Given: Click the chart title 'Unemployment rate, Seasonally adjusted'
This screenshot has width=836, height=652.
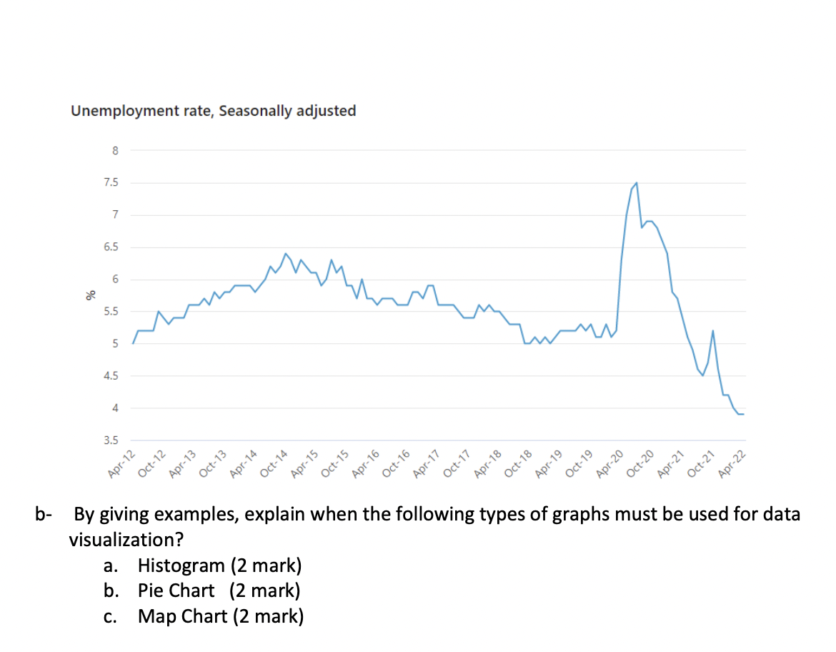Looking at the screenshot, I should (x=213, y=111).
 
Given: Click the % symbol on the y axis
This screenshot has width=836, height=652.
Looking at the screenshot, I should (x=90, y=295).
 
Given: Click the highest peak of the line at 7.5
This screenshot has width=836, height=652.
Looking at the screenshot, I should (x=636, y=183).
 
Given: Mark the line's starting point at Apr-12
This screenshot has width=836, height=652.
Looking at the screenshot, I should (x=134, y=343).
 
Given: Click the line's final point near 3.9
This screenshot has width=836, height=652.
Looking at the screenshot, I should (x=743, y=414).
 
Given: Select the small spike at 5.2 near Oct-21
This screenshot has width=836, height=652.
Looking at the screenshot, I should (x=712, y=331).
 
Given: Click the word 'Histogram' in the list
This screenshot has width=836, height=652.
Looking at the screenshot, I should (x=181, y=566).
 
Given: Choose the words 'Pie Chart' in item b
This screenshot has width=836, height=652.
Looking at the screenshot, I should (x=176, y=591).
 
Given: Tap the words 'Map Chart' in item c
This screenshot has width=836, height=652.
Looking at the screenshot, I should (x=181, y=616).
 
